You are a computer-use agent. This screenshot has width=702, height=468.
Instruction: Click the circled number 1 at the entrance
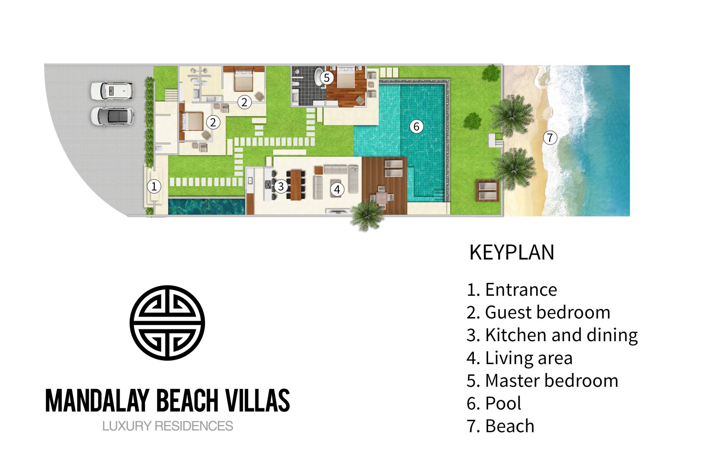coord(154,186)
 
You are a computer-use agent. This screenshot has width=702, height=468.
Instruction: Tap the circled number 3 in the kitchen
coord(281,186)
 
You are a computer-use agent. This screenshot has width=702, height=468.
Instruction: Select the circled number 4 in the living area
coord(337,189)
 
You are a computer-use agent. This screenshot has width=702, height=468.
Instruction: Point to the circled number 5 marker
coord(327,78)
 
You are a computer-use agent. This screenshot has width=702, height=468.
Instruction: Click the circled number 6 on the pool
coord(416,127)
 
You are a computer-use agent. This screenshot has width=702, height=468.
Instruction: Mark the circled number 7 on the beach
coord(550,138)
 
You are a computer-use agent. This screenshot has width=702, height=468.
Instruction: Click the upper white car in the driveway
coord(112,90)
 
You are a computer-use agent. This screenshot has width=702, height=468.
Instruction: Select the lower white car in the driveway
coord(112,116)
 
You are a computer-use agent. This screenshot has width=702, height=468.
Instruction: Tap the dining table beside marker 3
coord(295,185)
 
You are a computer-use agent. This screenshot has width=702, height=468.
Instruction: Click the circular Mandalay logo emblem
coord(167,323)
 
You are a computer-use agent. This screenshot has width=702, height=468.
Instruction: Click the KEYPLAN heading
coord(512,252)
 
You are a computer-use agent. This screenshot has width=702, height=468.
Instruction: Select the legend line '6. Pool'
coord(494,403)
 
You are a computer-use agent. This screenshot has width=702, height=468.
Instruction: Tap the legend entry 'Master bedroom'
coord(551,381)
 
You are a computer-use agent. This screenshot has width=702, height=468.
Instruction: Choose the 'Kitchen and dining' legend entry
coord(561,335)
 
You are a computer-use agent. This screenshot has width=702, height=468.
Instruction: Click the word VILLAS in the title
coord(257,400)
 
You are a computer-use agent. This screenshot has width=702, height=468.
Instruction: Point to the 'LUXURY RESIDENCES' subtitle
coord(167,426)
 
